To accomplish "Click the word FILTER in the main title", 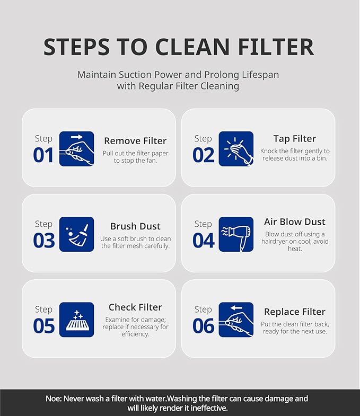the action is tap(276, 47).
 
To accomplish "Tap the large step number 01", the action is tap(43, 155).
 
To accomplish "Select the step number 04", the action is tap(204, 241).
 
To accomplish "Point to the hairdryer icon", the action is tap(236, 234).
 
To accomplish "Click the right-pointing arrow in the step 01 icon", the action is tap(77, 137).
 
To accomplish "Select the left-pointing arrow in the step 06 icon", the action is tap(236, 308).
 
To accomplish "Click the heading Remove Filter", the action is tap(135, 141).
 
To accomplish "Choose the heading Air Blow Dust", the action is tap(295, 222).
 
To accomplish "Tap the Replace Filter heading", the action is tap(295, 312).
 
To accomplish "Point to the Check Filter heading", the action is tap(135, 307).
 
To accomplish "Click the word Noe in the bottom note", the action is tap(54, 399).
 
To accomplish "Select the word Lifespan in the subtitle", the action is tap(260, 75).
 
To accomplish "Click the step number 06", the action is tap(204, 326).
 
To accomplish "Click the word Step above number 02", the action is tap(203, 138).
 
